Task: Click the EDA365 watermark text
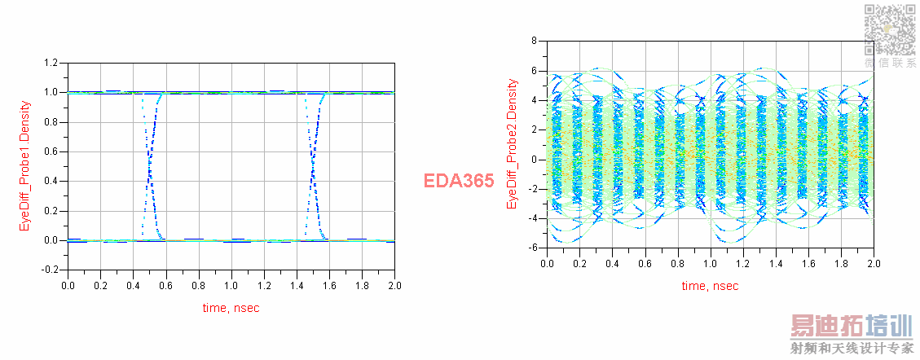[x=459, y=181]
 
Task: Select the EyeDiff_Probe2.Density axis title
[x=513, y=143]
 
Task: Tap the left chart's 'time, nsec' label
[x=231, y=308]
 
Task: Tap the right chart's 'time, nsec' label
[x=710, y=285]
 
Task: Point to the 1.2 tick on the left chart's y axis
[x=51, y=63]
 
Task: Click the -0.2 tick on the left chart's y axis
[x=50, y=270]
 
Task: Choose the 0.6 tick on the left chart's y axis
[x=51, y=151]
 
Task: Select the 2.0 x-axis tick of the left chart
[x=394, y=286]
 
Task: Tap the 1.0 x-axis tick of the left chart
[x=231, y=286]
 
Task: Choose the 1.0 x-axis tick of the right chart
[x=710, y=264]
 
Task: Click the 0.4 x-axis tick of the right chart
[x=613, y=264]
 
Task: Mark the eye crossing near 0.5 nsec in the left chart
[x=150, y=167]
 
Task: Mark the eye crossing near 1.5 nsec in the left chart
[x=313, y=167]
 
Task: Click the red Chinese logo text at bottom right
[x=851, y=327]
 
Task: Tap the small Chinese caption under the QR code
[x=889, y=63]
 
